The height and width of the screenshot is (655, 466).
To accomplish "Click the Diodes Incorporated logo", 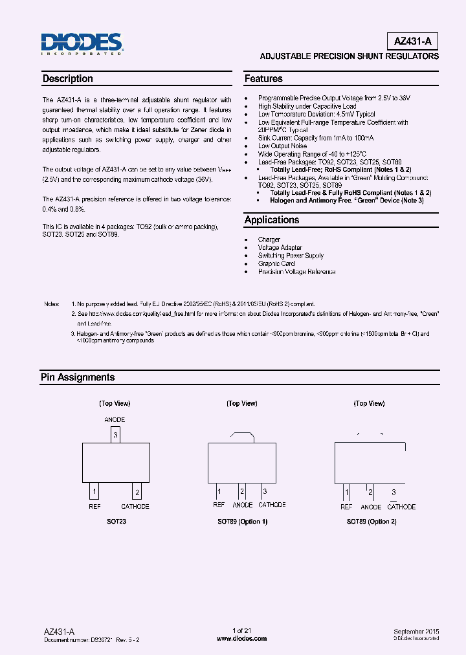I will (x=82, y=43).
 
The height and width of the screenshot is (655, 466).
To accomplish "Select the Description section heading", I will (x=68, y=79).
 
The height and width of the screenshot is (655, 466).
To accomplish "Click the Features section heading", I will (x=263, y=79).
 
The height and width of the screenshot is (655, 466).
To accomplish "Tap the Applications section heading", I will (x=272, y=220).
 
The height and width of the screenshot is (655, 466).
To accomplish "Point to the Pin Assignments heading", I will (x=78, y=377).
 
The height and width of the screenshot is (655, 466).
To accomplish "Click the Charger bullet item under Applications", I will (x=269, y=239).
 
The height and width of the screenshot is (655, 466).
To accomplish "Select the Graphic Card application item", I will (x=276, y=263).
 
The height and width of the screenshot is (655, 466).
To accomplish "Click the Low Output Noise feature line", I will (x=282, y=146).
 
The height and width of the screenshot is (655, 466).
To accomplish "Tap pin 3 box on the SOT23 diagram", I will (x=116, y=435).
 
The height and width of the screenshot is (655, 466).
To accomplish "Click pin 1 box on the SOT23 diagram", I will (x=94, y=491).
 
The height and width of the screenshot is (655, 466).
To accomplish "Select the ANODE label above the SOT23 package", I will (x=115, y=420).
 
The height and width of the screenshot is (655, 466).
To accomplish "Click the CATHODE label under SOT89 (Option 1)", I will (x=272, y=505).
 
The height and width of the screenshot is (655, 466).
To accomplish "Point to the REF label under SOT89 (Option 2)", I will (x=346, y=507).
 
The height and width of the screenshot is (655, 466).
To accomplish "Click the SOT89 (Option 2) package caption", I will (x=371, y=522).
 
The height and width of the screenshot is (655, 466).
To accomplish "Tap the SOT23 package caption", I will (x=116, y=522).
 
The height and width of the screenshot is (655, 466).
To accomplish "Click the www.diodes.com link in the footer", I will (x=241, y=638).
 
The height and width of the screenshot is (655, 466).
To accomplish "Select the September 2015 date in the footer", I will (x=416, y=631).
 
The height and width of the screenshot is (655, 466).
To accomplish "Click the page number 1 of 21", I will (x=241, y=630).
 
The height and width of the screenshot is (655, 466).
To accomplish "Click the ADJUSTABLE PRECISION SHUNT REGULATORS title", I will (x=349, y=56).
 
